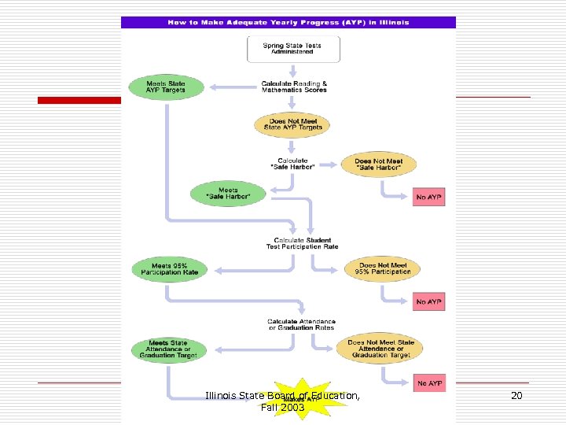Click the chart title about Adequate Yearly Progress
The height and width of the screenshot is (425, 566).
click(x=288, y=23)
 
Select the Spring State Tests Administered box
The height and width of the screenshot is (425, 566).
click(x=293, y=48)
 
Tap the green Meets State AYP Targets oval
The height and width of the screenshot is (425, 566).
click(x=165, y=87)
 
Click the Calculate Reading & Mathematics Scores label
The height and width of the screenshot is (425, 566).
click(x=294, y=87)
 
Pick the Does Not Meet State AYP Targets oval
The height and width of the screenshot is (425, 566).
click(x=292, y=124)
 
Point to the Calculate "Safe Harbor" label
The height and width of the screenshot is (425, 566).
click(x=292, y=164)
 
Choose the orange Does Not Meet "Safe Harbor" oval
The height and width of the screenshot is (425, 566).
click(x=378, y=164)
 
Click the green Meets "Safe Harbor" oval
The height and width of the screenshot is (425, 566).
click(x=228, y=194)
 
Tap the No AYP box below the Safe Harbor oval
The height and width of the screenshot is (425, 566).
click(x=428, y=197)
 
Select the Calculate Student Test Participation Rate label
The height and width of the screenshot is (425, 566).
click(x=302, y=243)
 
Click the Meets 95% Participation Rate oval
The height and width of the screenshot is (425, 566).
click(x=170, y=269)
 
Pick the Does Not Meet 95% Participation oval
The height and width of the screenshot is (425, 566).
click(x=383, y=269)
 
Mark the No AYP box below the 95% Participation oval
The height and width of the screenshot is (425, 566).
click(x=428, y=301)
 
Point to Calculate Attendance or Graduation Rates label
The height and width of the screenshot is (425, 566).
click(x=301, y=324)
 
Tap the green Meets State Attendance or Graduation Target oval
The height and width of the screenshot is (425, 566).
click(x=169, y=349)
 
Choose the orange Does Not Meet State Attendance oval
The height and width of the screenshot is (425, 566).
click(x=380, y=349)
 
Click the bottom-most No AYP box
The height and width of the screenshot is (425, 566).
click(x=429, y=383)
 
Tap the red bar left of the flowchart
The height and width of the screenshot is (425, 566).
click(x=79, y=100)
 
